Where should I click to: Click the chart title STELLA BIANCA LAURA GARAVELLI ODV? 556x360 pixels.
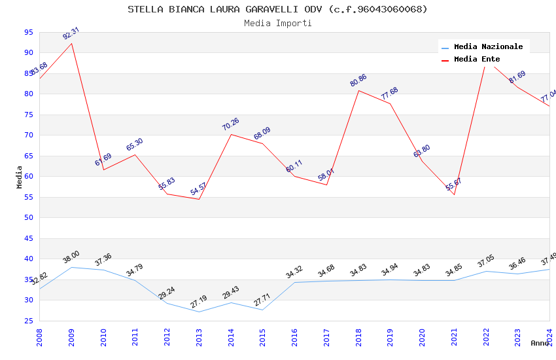(277, 9)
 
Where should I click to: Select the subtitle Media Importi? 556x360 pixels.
(277, 23)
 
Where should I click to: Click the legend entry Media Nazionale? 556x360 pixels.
(488, 46)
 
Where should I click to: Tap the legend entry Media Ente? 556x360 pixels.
(477, 59)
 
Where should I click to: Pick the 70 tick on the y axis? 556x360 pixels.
(28, 135)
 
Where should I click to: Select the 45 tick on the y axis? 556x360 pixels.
(28, 239)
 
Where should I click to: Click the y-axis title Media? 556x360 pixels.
(20, 177)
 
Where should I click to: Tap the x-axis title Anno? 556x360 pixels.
(540, 343)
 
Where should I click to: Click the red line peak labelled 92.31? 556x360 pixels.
(71, 43)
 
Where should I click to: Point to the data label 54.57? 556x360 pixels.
(198, 189)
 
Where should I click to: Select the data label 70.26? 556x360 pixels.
(230, 124)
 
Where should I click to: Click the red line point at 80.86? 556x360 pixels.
(358, 90)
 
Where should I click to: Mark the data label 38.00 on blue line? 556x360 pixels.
(71, 257)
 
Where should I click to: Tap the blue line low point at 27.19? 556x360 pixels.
(199, 312)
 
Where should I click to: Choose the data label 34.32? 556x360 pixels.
(294, 272)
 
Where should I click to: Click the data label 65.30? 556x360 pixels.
(135, 145)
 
